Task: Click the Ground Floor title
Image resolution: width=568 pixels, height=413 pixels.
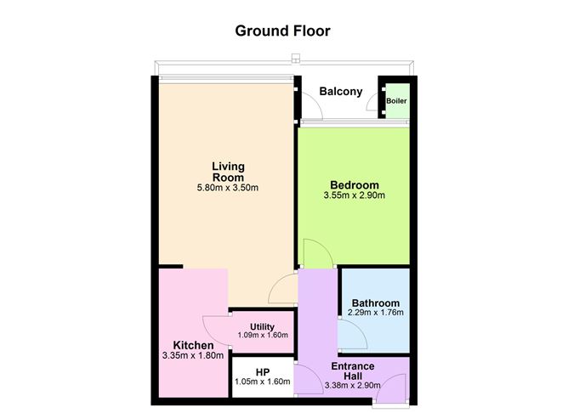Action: pyautogui.click(x=282, y=31)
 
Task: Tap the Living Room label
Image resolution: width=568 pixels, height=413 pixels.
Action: pyautogui.click(x=228, y=172)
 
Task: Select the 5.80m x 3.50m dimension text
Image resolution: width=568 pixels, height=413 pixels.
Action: pyautogui.click(x=228, y=188)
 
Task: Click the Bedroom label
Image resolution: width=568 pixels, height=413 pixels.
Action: pyautogui.click(x=355, y=185)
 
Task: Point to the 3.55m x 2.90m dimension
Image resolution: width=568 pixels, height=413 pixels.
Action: pyautogui.click(x=355, y=195)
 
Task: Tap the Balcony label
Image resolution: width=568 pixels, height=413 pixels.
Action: pyautogui.click(x=340, y=92)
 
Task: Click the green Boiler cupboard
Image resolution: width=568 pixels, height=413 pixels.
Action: pyautogui.click(x=397, y=100)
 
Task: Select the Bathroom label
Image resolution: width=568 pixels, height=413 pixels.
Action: pyautogui.click(x=376, y=303)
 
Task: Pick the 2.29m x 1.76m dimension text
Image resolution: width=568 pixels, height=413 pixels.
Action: pyautogui.click(x=376, y=313)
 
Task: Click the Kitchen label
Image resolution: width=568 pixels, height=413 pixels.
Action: pyautogui.click(x=193, y=345)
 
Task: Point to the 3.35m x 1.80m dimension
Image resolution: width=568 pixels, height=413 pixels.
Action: pyautogui.click(x=193, y=356)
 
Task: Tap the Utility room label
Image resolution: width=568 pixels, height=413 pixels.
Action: pyautogui.click(x=262, y=327)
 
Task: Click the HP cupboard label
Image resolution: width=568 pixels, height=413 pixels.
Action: pyautogui.click(x=263, y=372)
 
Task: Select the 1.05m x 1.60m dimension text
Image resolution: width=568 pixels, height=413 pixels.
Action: pyautogui.click(x=263, y=382)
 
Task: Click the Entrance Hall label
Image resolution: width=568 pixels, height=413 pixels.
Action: pyautogui.click(x=353, y=371)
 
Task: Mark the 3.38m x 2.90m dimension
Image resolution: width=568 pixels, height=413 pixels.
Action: pyautogui.click(x=353, y=386)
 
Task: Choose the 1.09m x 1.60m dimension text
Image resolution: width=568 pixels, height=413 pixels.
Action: pyautogui.click(x=263, y=335)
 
